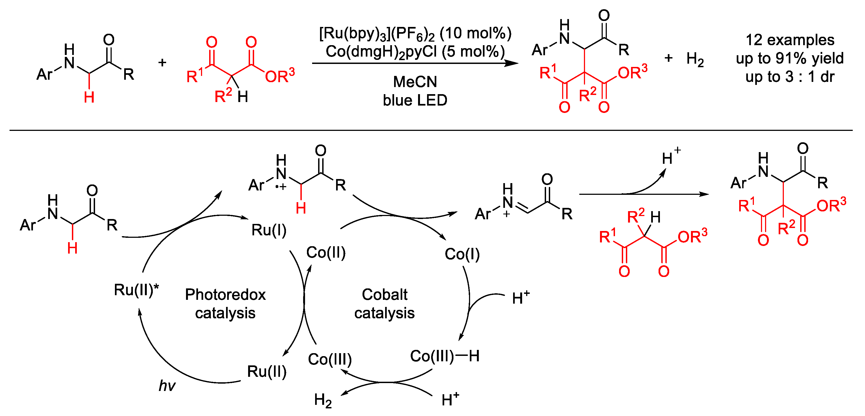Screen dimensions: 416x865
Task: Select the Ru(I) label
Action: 269,230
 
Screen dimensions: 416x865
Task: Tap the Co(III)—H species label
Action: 444,356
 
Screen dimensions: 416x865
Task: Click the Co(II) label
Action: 326,252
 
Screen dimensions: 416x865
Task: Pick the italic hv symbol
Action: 167,386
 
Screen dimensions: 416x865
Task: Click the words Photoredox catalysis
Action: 225,304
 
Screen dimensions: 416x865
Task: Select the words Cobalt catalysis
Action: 385,304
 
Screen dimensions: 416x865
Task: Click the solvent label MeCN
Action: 415,82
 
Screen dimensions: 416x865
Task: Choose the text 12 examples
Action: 790,40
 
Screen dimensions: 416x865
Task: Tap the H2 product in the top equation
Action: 695,59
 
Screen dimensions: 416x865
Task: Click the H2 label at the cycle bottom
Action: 323,400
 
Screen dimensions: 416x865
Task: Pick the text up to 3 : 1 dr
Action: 790,77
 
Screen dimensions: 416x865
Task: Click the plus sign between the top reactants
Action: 162,62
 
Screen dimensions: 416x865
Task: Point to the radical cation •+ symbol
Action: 281,187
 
